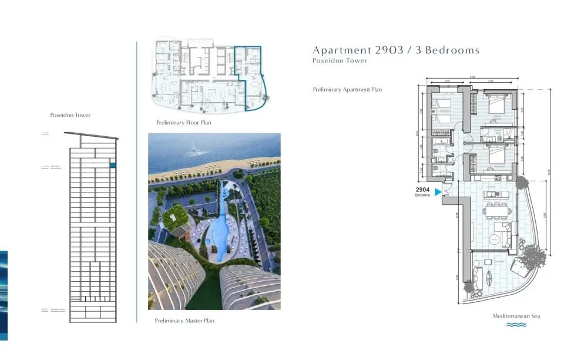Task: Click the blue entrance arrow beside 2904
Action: (438, 191)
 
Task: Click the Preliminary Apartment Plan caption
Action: (347, 90)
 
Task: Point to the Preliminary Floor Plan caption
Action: (183, 123)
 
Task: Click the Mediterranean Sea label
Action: (516, 316)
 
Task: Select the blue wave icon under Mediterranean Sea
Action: (516, 325)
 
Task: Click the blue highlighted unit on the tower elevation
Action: (113, 166)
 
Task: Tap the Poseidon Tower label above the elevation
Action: (70, 115)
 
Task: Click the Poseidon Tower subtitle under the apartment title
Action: (340, 60)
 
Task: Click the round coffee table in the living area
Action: (495, 239)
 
